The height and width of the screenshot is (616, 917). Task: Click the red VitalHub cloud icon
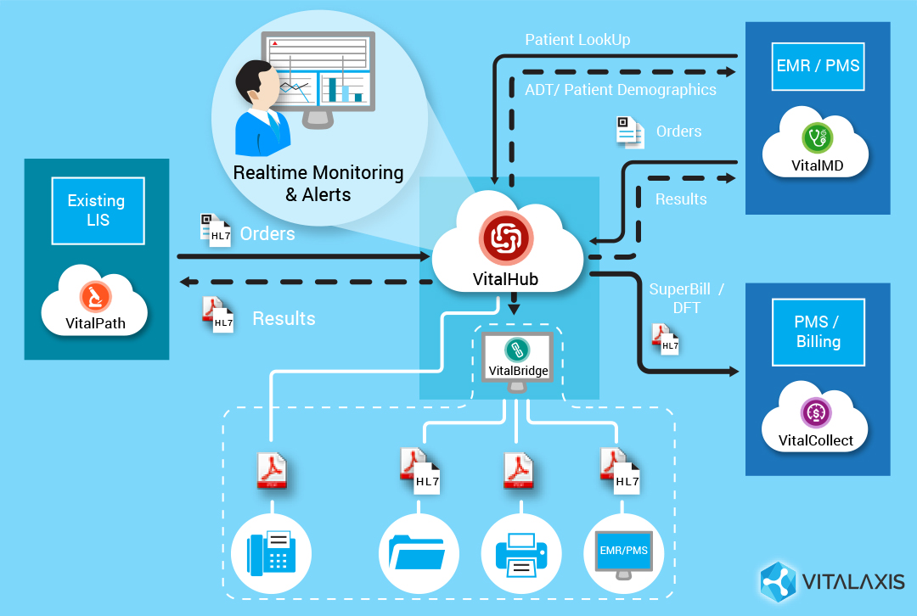click(506, 238)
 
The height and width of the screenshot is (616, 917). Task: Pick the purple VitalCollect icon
click(816, 413)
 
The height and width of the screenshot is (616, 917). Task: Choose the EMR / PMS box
click(818, 65)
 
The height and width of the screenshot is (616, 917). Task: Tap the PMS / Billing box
click(818, 332)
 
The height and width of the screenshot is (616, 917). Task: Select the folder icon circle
click(417, 552)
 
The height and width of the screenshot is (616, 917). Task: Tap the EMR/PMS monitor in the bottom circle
click(623, 552)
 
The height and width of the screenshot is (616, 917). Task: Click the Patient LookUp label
click(577, 40)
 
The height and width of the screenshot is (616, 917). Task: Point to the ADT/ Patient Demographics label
click(620, 89)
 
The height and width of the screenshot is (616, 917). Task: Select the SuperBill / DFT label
click(686, 298)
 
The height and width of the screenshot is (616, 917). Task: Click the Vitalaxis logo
click(832, 582)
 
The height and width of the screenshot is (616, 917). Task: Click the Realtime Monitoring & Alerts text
click(318, 183)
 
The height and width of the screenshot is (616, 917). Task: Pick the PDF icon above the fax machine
click(273, 471)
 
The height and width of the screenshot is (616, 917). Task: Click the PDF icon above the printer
click(518, 471)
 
